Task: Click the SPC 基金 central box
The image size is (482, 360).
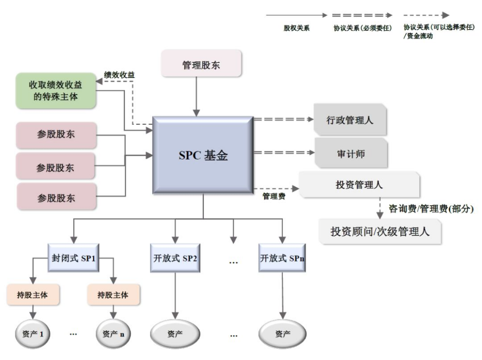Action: (x=203, y=155)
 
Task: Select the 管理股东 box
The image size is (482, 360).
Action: (x=201, y=65)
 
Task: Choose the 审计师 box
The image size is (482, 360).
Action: (x=350, y=153)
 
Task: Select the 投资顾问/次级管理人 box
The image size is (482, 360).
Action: (x=380, y=231)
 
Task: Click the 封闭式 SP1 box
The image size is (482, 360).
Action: (x=74, y=258)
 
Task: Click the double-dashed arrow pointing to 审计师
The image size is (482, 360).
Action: (x=283, y=153)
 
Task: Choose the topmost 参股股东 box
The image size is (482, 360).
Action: (x=56, y=134)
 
